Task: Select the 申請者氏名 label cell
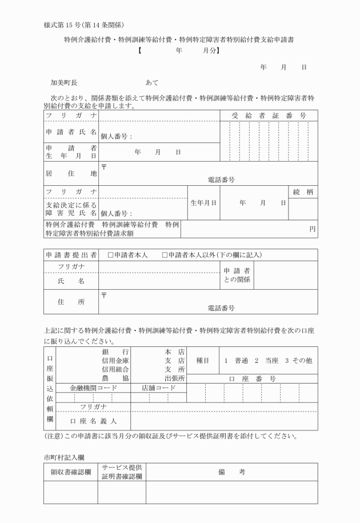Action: click(71, 132)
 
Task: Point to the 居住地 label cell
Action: click(71, 173)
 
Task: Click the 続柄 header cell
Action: click(303, 192)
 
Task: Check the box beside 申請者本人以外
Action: click(165, 254)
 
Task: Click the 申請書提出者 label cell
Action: click(71, 254)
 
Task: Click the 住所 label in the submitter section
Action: click(71, 302)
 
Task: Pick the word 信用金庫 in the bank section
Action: click(115, 361)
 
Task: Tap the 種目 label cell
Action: click(202, 361)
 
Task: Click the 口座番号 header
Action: click(252, 378)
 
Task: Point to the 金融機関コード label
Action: click(93, 388)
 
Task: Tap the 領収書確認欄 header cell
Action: click(71, 472)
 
